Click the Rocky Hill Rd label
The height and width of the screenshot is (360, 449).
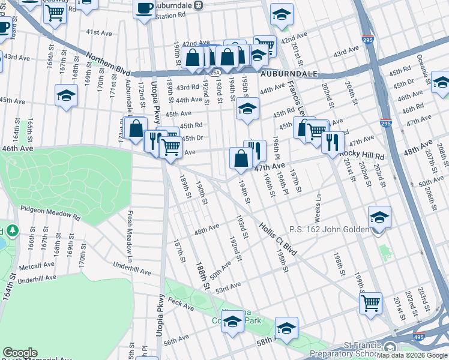click(361, 154)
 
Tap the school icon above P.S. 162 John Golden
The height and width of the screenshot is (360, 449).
click(379, 217)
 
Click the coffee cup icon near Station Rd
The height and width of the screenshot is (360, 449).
click(144, 8)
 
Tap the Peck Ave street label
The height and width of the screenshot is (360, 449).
click(181, 305)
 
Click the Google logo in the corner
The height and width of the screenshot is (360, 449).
click(20, 353)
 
